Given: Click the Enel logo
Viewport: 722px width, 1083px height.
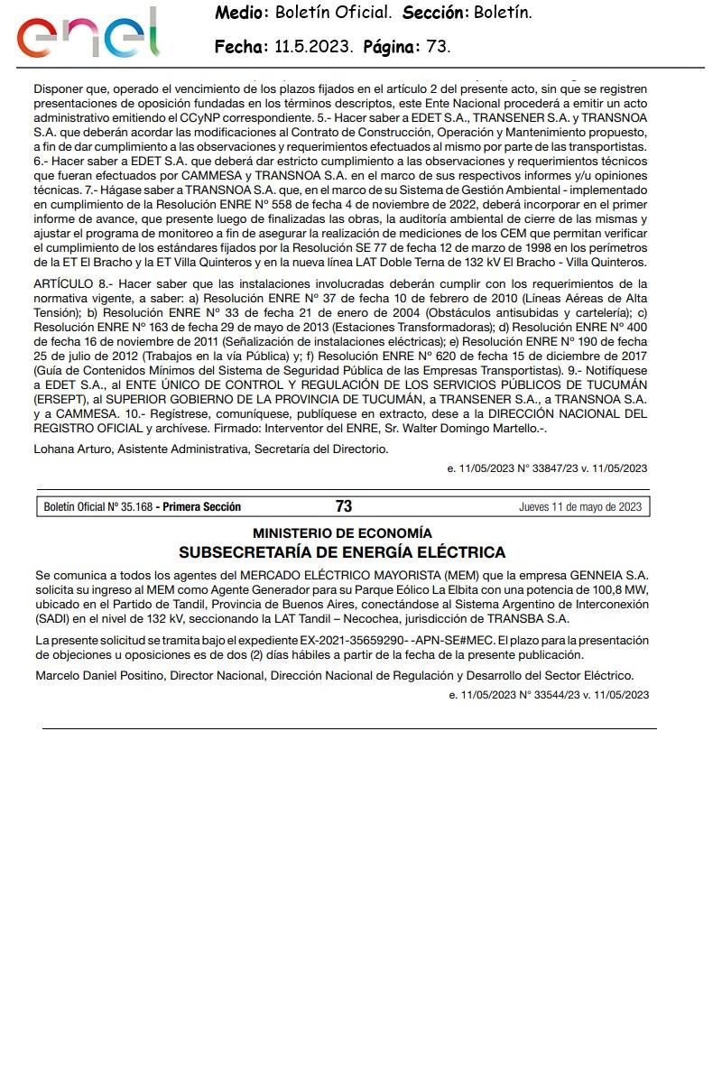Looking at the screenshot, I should pos(88,34).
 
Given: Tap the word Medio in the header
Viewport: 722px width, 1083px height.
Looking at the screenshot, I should pos(241,13).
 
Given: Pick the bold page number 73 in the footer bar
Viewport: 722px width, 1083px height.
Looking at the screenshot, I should pos(343,506).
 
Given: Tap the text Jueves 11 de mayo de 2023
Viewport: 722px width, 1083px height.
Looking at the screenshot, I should pos(580,506).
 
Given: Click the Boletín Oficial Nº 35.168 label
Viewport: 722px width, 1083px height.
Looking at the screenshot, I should pos(97,506).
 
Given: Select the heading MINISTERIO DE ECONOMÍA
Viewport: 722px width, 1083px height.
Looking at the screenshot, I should pos(342,533).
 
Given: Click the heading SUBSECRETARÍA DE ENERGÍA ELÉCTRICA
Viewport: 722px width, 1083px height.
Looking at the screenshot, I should pos(342,552).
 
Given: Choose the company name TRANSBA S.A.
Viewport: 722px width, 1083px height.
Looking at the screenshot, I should pos(529,618).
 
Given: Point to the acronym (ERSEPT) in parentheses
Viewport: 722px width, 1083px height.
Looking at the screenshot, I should pos(63,399).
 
